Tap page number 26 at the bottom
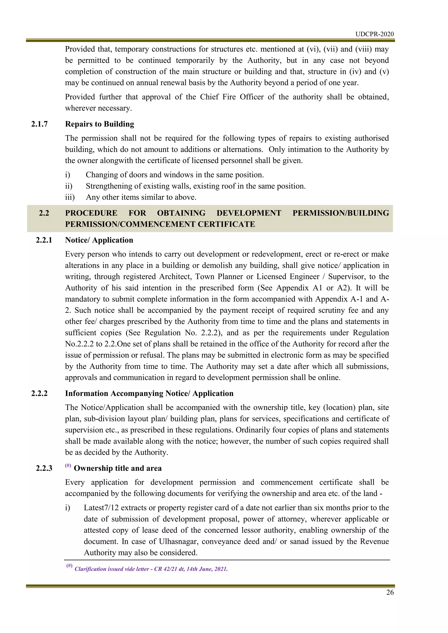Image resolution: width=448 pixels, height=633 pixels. [x=390, y=593]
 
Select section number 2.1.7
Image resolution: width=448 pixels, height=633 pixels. [x=39, y=124]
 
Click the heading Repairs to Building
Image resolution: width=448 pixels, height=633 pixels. [x=100, y=124]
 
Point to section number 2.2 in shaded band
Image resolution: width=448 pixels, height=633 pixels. [x=44, y=213]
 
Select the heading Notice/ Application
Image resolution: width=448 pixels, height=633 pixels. [x=99, y=240]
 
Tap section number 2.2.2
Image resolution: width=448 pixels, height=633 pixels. [x=39, y=393]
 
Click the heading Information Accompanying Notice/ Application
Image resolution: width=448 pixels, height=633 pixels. [x=149, y=393]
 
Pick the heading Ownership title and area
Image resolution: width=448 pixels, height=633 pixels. [x=117, y=468]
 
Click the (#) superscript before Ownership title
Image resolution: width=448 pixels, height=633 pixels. [x=68, y=466]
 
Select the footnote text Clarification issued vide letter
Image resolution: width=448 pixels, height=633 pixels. [x=151, y=569]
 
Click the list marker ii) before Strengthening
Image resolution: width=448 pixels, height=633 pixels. [x=68, y=186]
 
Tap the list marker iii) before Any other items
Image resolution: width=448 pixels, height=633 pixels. [x=70, y=197]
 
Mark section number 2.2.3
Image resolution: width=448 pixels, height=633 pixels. [x=44, y=468]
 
